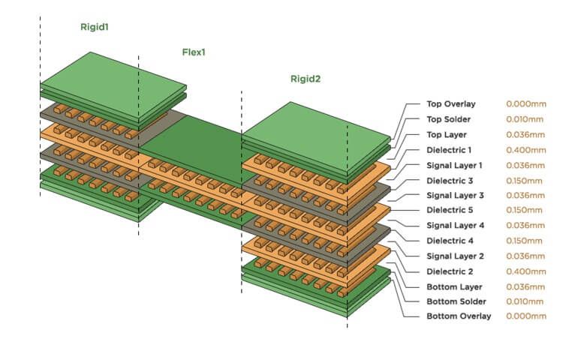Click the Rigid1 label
[x=95, y=27]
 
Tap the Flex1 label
[x=194, y=52]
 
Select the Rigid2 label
[x=306, y=79]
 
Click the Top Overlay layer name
[x=450, y=104]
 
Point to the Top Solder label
[x=449, y=119]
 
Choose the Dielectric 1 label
[x=449, y=150]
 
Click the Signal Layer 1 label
[x=454, y=165]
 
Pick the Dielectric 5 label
[x=449, y=210]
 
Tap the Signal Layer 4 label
[x=454, y=225]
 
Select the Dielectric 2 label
[x=449, y=271]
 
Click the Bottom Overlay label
[x=459, y=316]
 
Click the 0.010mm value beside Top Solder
[x=525, y=119]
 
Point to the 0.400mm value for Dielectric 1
[x=525, y=150]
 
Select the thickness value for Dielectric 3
[x=525, y=180]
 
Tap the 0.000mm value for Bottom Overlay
[x=525, y=316]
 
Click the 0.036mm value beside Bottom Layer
[x=525, y=286]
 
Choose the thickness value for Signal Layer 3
[x=525, y=195]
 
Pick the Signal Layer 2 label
[x=454, y=256]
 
